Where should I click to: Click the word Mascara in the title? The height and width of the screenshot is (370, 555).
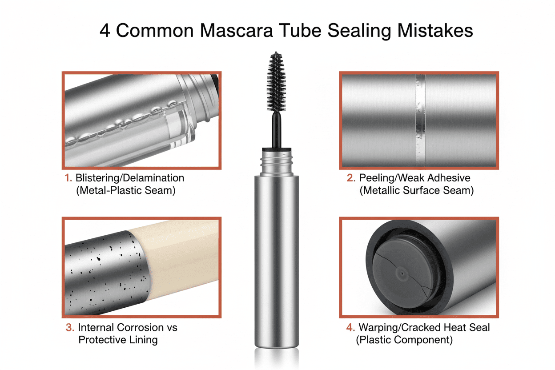click(237, 31)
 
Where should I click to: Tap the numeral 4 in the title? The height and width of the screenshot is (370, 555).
click(105, 31)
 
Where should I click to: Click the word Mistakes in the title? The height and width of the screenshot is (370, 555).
click(435, 31)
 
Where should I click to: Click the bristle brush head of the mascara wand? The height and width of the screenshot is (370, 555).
click(276, 82)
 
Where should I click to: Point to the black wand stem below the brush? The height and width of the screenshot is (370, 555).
click(277, 130)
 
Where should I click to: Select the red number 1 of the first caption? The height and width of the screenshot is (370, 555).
click(68, 178)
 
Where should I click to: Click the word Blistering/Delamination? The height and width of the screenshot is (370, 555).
click(129, 178)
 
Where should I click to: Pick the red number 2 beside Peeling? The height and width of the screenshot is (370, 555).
click(351, 178)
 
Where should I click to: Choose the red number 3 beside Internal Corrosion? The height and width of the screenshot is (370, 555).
click(70, 327)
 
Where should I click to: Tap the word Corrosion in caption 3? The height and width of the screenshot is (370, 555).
click(140, 327)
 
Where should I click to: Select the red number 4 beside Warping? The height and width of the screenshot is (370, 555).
click(350, 327)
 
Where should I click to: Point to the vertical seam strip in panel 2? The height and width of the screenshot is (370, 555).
click(420, 120)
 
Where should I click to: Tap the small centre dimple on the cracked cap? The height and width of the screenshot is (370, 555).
click(402, 273)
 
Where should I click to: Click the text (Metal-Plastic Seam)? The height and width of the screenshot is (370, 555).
click(126, 190)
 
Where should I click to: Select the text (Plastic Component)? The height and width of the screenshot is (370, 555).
click(404, 340)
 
